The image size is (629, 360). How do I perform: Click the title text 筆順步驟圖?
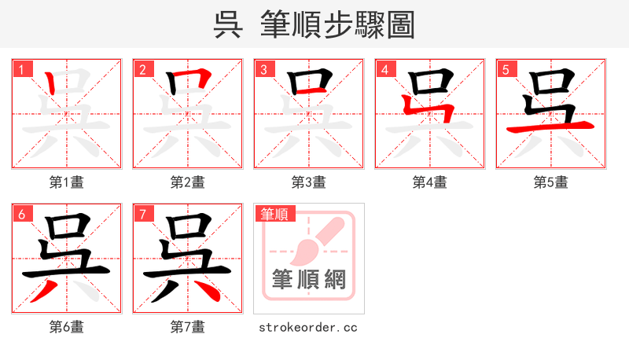point(338,24)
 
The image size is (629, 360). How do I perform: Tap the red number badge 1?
point(21,70)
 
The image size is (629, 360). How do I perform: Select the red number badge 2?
point(142,70)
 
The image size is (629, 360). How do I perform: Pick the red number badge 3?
point(263,70)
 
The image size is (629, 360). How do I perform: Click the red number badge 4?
point(384,70)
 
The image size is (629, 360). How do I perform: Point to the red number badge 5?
point(506,70)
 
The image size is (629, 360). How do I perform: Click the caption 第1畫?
point(67,182)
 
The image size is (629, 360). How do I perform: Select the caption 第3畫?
point(309,182)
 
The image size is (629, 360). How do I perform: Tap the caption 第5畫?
point(551,182)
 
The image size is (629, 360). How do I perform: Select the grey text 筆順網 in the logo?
point(309,280)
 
